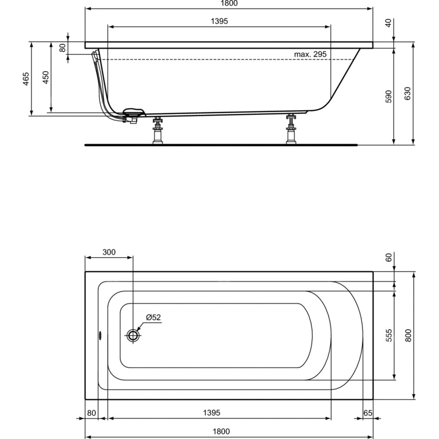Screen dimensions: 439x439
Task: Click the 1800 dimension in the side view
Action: pyautogui.click(x=228, y=4)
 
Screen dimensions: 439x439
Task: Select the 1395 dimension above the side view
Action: pyautogui.click(x=219, y=21)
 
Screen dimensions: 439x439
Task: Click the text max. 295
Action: pyautogui.click(x=310, y=54)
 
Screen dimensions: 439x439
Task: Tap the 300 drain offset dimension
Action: pyautogui.click(x=108, y=252)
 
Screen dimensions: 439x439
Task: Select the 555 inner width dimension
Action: pyautogui.click(x=388, y=335)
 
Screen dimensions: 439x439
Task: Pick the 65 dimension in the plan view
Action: pyautogui.click(x=368, y=413)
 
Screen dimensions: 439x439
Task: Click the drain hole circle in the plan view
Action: pyautogui.click(x=133, y=336)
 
